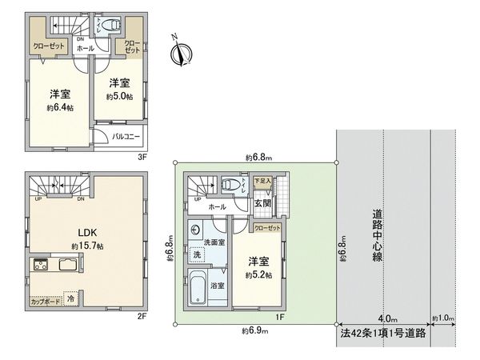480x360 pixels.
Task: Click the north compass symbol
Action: point(182,54)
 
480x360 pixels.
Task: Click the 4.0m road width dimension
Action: point(387,318)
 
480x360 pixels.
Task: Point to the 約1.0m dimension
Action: point(442,318)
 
